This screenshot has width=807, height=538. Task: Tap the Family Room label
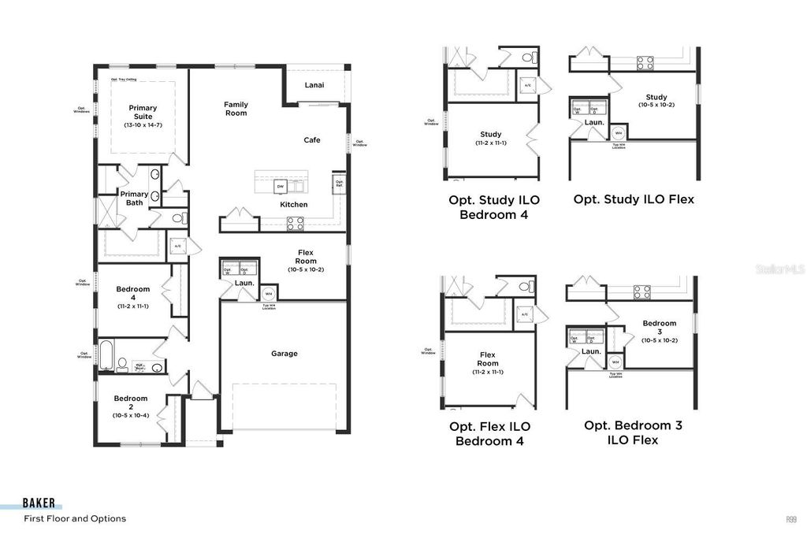(236, 109)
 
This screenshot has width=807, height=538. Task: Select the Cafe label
(312, 140)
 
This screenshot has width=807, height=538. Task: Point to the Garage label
(284, 354)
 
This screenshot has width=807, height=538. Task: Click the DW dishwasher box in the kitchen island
(280, 187)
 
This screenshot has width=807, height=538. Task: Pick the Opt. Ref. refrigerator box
(339, 184)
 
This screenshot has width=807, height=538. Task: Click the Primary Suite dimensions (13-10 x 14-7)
(143, 125)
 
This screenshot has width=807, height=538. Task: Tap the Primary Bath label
(134, 199)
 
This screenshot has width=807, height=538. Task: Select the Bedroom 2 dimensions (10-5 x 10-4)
(130, 415)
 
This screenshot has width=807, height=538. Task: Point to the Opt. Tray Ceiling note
(125, 80)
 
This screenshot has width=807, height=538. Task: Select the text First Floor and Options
(75, 519)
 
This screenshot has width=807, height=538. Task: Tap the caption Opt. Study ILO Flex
(634, 199)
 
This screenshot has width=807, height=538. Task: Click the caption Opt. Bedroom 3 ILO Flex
(633, 432)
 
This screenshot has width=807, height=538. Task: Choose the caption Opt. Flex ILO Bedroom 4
(489, 433)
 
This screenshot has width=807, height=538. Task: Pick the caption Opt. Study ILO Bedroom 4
(489, 207)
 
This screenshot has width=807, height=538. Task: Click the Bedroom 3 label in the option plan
(659, 328)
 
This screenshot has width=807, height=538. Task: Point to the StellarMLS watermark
(779, 269)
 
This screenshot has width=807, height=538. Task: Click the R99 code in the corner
(790, 519)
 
